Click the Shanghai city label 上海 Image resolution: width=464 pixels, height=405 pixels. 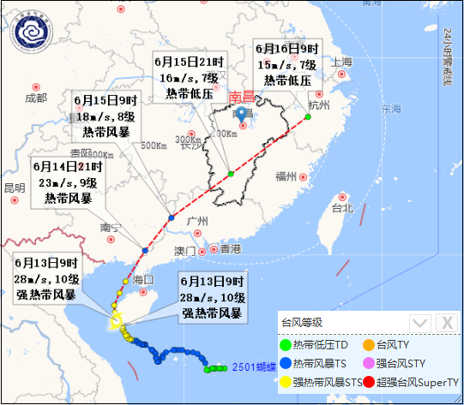341,63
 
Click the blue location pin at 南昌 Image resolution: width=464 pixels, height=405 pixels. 241,114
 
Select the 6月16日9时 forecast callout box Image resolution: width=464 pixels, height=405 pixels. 286,64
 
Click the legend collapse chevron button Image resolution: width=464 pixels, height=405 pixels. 419,322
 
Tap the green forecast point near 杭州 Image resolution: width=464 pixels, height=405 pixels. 308,116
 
